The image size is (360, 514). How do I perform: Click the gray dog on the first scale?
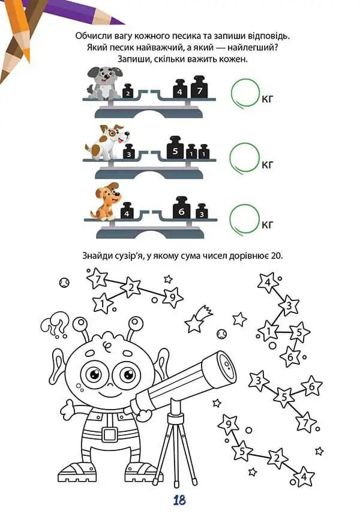(x=104, y=83)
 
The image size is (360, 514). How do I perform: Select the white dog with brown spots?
(x=107, y=142)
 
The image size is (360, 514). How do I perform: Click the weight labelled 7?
(x=199, y=87)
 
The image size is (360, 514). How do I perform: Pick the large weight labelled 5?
(x=175, y=148)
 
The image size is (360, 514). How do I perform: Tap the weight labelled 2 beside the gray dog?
(x=128, y=91)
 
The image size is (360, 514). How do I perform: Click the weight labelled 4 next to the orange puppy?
(x=127, y=211)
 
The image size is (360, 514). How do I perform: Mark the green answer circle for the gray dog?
(x=245, y=93)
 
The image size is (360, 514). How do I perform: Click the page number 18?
(x=179, y=500)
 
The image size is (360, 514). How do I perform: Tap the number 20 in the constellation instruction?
(x=277, y=256)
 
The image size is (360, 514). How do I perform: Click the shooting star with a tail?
(x=198, y=318)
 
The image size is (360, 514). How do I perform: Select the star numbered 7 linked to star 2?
(x=97, y=279)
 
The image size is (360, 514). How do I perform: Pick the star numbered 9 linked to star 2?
(x=172, y=297)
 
